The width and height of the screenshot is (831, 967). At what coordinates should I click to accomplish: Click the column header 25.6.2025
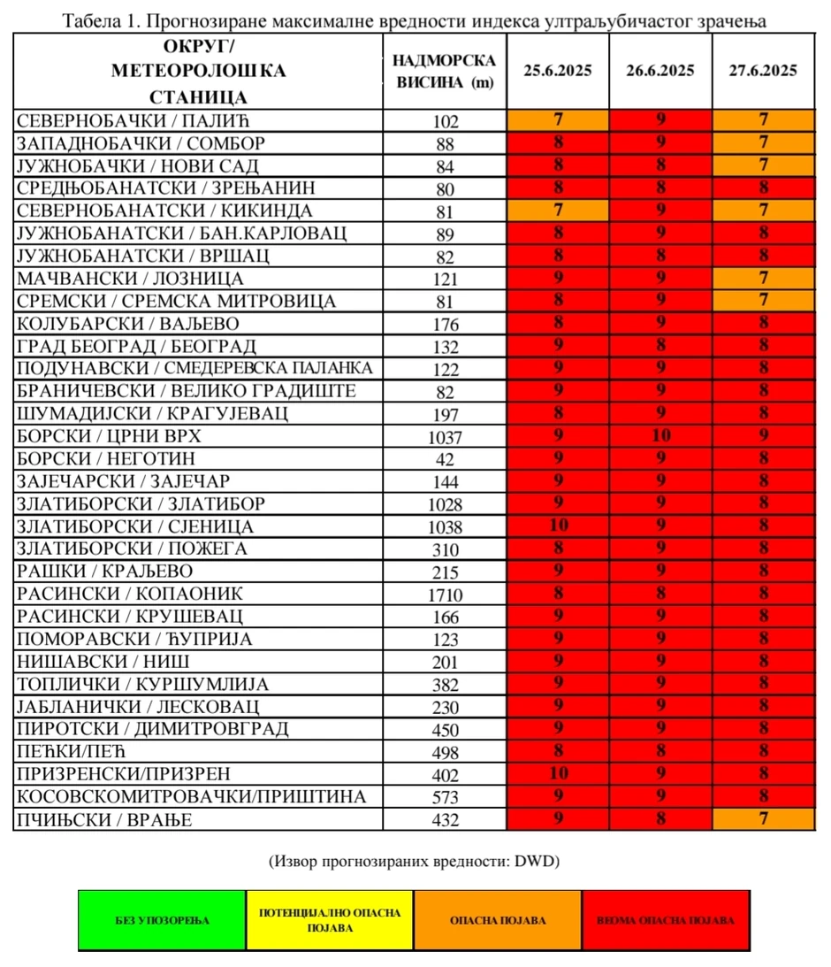click(x=557, y=72)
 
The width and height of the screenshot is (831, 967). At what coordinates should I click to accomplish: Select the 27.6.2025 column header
click(x=763, y=72)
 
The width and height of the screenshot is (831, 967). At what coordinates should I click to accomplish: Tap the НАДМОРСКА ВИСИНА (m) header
click(x=444, y=72)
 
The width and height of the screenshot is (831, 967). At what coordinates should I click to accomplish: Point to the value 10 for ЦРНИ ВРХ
click(x=659, y=435)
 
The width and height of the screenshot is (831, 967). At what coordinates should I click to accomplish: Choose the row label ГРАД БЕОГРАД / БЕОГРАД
click(x=136, y=345)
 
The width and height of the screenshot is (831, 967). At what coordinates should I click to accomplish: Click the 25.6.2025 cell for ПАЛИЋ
click(x=557, y=119)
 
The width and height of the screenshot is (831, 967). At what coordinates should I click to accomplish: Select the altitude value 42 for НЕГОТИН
click(x=445, y=459)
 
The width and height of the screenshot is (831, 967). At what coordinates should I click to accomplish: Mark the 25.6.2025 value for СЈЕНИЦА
click(x=557, y=526)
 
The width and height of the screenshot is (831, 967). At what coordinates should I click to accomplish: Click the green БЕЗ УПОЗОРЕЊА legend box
click(x=163, y=920)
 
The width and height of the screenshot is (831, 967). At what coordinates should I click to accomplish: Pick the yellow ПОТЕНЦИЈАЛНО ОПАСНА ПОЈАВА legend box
click(x=330, y=920)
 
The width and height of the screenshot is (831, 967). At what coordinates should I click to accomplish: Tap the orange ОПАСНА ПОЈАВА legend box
click(x=498, y=920)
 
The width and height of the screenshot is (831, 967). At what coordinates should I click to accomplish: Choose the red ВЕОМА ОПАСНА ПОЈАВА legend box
click(x=666, y=920)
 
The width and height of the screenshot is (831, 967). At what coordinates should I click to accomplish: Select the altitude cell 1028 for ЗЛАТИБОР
click(x=445, y=504)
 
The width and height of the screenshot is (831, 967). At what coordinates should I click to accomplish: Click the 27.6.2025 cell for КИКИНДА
click(x=763, y=211)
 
